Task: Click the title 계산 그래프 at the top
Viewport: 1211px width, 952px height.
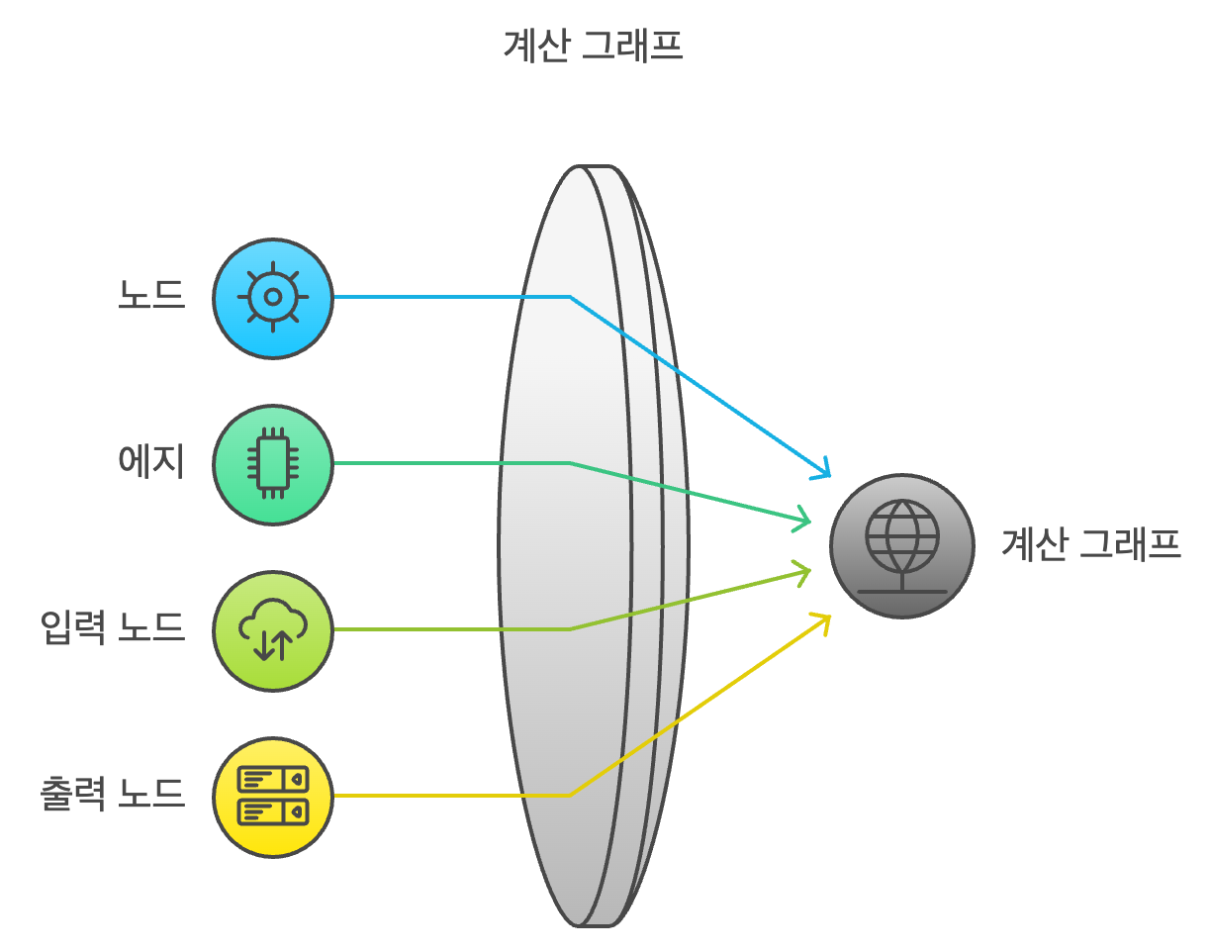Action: (x=593, y=47)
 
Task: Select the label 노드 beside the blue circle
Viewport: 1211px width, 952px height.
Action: (x=151, y=296)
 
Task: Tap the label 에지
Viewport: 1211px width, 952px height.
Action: (x=151, y=462)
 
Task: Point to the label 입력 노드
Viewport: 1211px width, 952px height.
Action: (x=113, y=628)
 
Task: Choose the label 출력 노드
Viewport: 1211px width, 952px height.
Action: (x=113, y=795)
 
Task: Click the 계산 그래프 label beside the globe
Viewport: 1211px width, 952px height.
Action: (x=1091, y=545)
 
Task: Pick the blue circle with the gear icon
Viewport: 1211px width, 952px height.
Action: (x=273, y=298)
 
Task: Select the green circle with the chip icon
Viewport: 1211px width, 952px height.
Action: (x=273, y=464)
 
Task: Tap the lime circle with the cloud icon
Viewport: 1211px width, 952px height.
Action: (x=273, y=630)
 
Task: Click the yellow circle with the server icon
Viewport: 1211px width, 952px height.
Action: (x=273, y=797)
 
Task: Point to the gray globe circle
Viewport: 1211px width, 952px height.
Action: (x=901, y=546)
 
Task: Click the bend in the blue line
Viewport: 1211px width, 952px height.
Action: (x=570, y=296)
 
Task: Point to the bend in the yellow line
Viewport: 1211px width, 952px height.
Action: (x=570, y=795)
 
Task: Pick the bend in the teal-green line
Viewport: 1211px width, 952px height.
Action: (x=570, y=462)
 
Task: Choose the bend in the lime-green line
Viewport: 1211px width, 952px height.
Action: (x=570, y=628)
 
